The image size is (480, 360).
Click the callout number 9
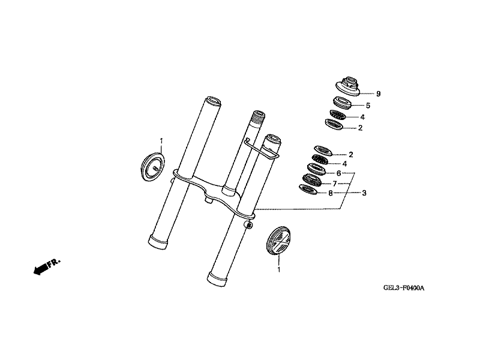tap(378, 94)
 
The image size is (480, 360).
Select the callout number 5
tap(360, 105)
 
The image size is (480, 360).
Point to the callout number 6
tap(338, 173)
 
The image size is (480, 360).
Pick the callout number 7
tap(334, 183)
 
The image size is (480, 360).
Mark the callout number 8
tap(330, 193)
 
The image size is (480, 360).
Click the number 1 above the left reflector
tap(161, 140)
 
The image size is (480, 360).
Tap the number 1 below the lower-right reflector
tap(278, 271)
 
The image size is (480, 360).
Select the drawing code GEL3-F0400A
tap(404, 288)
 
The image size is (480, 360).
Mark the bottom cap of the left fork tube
tap(160, 241)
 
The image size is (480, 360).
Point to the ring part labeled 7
tap(313, 179)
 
